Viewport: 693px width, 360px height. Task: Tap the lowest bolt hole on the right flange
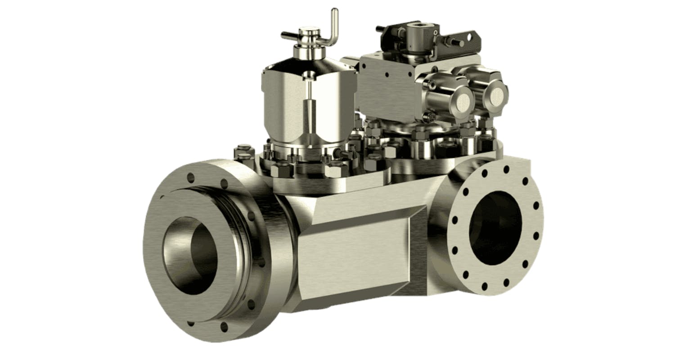pyautogui.click(x=485, y=286)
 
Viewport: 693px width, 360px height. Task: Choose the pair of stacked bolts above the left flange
pyautogui.click(x=243, y=153)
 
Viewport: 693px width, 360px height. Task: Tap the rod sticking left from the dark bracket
pyautogui.click(x=380, y=29)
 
